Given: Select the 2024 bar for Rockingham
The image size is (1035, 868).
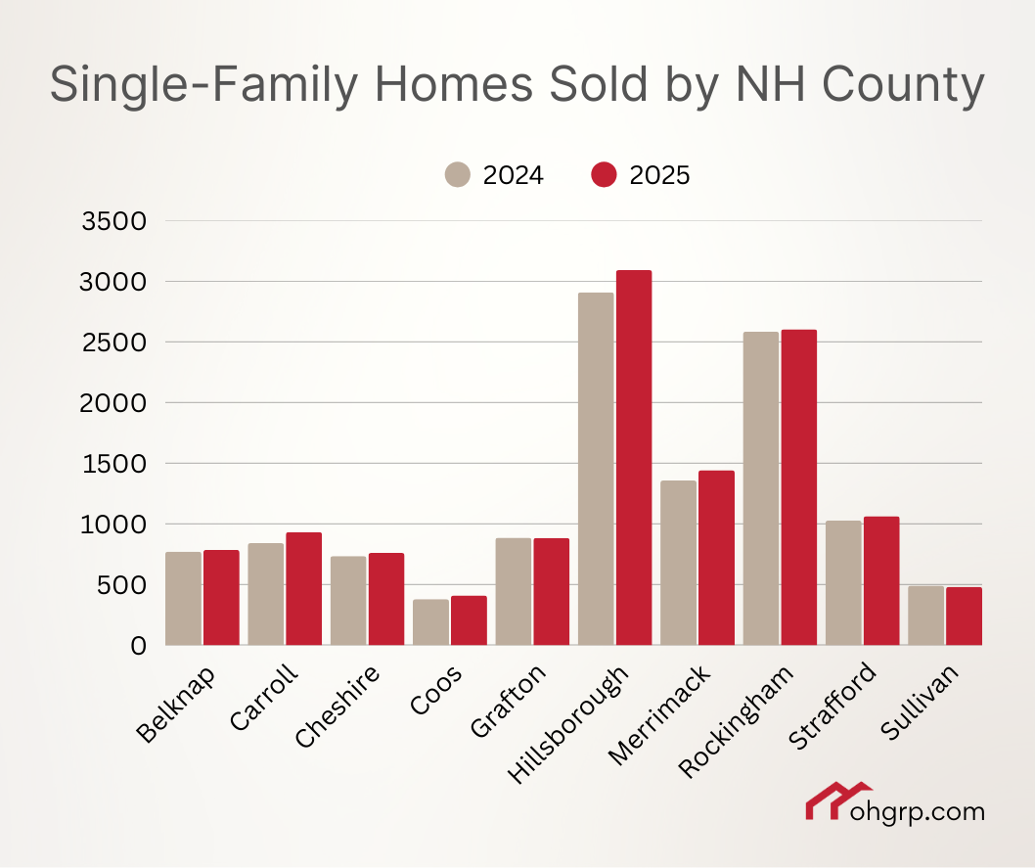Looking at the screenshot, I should coord(761,488).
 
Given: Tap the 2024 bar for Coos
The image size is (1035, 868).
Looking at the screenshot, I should coord(430,622).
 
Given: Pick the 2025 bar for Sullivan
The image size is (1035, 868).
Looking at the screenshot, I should coord(964,616).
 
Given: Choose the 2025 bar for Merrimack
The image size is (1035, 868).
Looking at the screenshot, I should coord(716,558).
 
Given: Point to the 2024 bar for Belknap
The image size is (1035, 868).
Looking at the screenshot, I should coord(183,599).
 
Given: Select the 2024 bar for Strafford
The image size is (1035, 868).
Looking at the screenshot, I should coord(843,583).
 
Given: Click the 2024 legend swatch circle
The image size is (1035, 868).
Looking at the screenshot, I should coord(458,175).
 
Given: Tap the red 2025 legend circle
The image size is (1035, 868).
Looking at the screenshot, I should coord(605,175).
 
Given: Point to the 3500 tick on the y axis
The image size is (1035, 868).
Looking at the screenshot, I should coord(116,221).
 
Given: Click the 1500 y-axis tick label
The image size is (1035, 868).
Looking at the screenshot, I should coord(116,464).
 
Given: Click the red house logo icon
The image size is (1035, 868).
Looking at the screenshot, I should coord(837,801).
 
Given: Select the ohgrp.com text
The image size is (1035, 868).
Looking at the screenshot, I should coord(930,811).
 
